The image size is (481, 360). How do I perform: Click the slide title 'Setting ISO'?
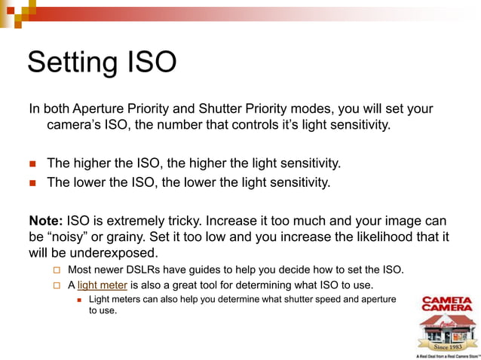point(102,62)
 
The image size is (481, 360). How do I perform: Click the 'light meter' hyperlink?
point(102,285)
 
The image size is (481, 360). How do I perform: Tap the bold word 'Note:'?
point(46,221)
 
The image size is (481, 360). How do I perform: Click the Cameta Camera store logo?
point(447,325)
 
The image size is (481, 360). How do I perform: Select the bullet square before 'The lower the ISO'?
point(32,182)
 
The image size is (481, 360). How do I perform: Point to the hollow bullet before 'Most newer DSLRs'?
point(57,270)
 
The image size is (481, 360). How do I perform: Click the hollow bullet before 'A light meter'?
point(57,286)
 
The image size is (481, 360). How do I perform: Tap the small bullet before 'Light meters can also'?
point(80,300)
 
